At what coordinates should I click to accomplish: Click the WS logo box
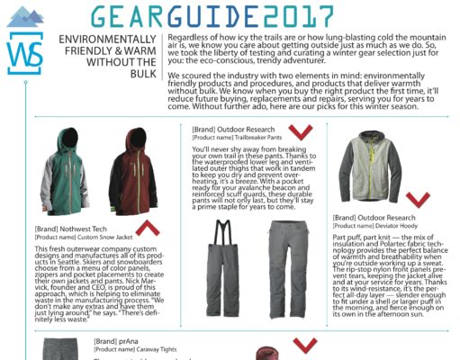point(24,55)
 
